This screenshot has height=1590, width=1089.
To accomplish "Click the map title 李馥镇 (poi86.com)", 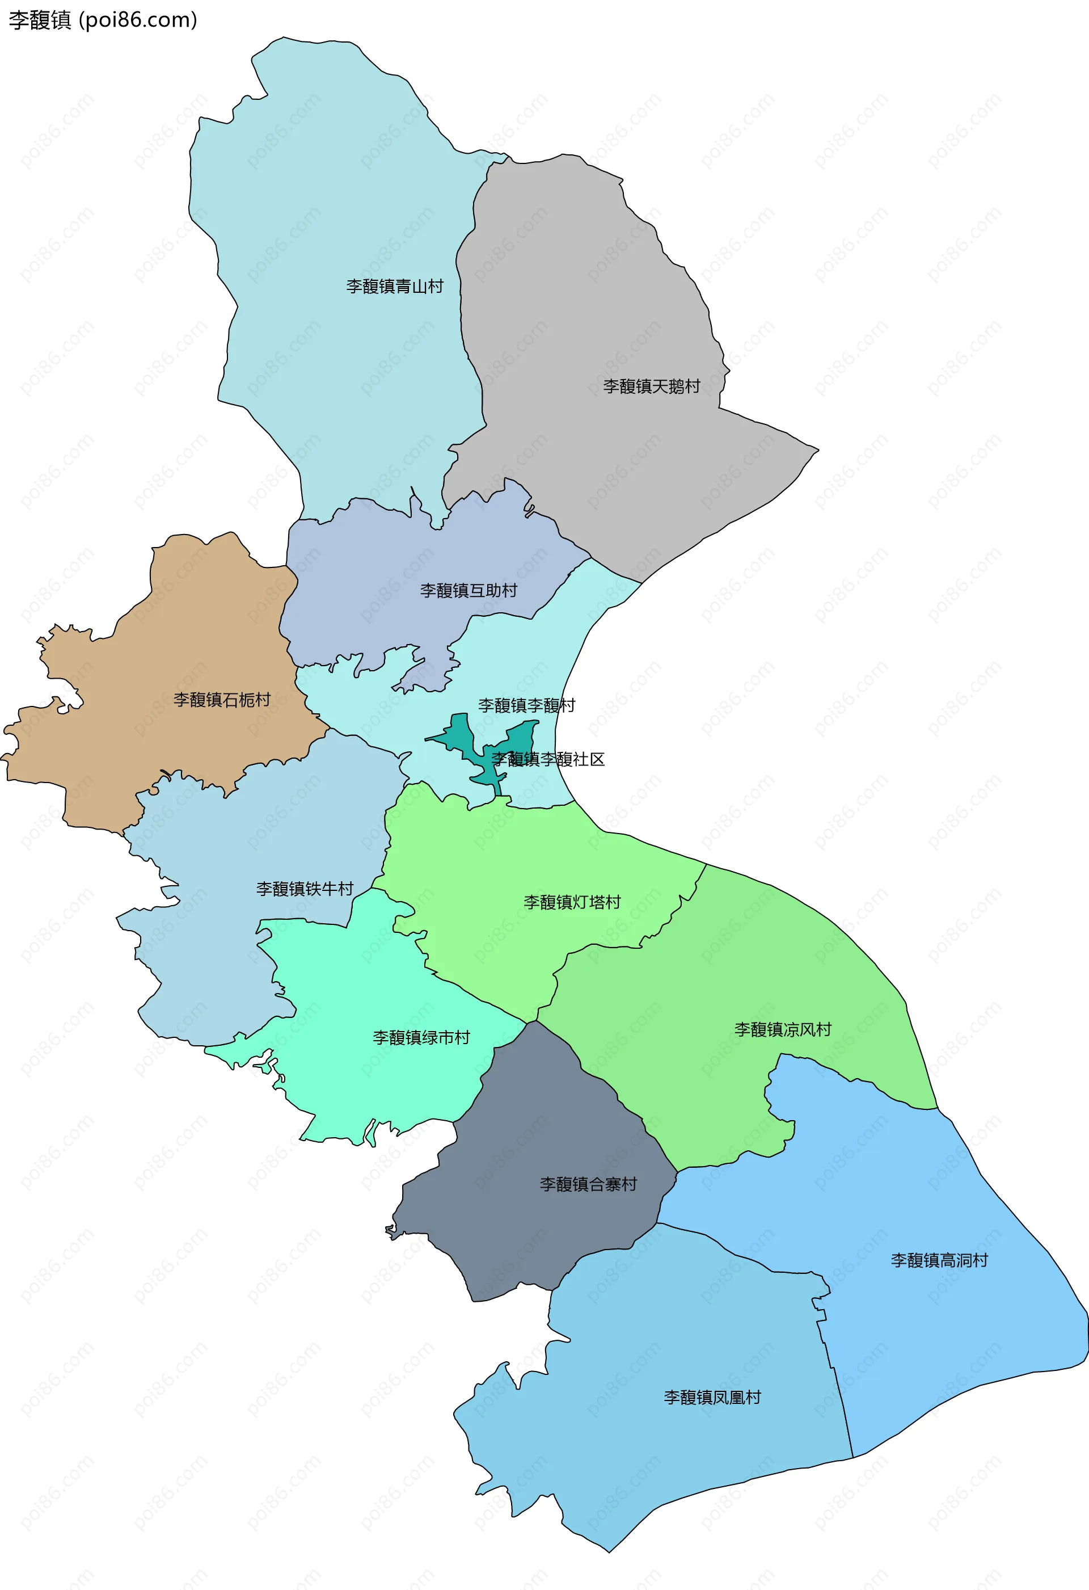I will (103, 20).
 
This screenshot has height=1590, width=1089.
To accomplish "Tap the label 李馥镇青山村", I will (395, 287).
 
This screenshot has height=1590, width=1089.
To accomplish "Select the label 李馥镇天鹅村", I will (651, 386).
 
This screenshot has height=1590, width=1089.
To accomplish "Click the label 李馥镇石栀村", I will (222, 700).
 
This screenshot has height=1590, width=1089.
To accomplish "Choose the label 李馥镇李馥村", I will (527, 705).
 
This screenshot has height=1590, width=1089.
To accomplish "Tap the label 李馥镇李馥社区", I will (548, 759).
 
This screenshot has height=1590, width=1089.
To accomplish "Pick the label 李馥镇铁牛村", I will (305, 889).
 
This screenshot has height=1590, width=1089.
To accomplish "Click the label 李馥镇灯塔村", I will (572, 902).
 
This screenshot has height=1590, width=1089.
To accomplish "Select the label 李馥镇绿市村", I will (421, 1038).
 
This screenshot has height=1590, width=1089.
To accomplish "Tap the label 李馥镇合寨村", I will (588, 1184).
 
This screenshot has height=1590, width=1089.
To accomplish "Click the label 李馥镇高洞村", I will (939, 1260).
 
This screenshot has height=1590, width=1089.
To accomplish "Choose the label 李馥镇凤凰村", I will (712, 1397).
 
